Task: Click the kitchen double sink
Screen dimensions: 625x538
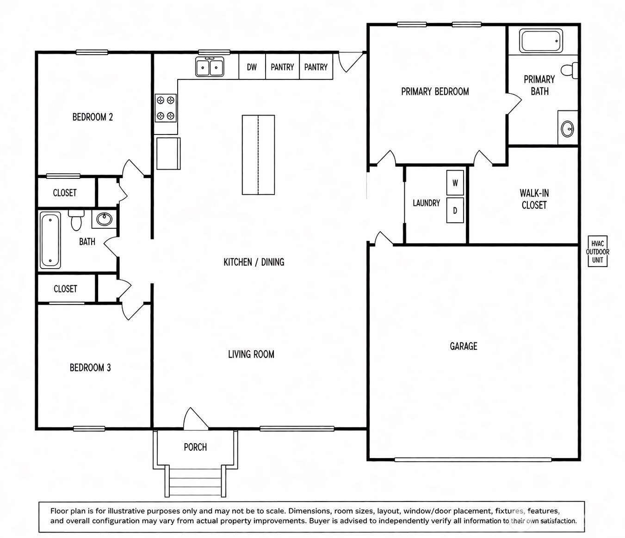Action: (210, 67)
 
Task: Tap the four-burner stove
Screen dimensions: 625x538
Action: (166, 108)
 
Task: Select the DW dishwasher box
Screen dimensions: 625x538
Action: (252, 67)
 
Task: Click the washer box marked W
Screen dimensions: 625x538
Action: (455, 183)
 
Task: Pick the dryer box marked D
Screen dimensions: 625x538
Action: (455, 211)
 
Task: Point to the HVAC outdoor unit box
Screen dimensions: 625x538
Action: (598, 251)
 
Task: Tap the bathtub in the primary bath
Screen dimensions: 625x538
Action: (541, 41)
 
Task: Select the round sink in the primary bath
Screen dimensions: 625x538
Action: (567, 129)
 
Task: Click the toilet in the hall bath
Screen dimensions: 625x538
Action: (76, 220)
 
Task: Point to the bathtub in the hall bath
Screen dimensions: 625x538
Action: (50, 240)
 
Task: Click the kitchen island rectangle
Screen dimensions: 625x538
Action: (258, 155)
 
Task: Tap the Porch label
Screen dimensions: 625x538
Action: (195, 447)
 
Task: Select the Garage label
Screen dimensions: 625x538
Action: (464, 346)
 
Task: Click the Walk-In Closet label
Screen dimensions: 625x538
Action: (534, 199)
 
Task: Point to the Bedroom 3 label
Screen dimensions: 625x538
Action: (90, 367)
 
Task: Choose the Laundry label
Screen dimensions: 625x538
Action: (427, 203)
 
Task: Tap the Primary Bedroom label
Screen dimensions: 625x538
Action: (435, 92)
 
